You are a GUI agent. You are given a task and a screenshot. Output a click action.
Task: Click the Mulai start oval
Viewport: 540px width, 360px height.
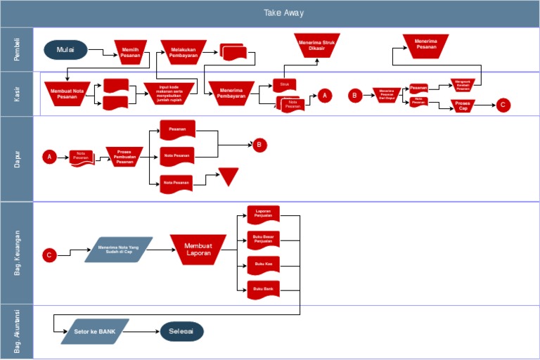65,50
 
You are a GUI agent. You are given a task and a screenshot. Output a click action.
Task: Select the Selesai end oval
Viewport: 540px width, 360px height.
181,331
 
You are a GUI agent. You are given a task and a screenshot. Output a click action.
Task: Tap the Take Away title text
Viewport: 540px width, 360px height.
283,13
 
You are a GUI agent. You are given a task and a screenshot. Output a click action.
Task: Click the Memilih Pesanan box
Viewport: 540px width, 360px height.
130,53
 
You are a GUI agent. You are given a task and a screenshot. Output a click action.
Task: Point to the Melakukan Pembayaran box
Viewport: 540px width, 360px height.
183,51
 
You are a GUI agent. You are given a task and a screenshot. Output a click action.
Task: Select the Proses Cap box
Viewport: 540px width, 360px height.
462,105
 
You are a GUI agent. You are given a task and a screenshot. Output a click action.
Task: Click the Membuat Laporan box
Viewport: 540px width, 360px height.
198,250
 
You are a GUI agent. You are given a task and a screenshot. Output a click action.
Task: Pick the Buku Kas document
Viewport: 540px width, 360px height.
263,264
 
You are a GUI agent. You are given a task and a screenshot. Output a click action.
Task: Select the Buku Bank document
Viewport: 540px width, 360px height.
263,289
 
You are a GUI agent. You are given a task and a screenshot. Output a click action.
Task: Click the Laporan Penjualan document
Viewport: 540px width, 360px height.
263,213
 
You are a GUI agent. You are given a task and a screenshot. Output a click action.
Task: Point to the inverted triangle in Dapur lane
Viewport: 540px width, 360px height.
229,176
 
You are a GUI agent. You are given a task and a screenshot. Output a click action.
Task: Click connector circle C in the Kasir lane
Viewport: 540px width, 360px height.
502,105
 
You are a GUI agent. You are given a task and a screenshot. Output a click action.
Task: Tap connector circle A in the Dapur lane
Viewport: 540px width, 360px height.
49,157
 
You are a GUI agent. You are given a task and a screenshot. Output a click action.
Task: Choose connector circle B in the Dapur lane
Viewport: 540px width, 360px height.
260,145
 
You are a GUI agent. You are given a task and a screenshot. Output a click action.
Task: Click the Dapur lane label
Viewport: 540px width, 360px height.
17,158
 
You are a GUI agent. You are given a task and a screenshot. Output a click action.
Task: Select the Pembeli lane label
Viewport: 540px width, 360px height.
17,49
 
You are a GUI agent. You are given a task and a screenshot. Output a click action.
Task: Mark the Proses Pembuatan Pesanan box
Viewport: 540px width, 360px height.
124,157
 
